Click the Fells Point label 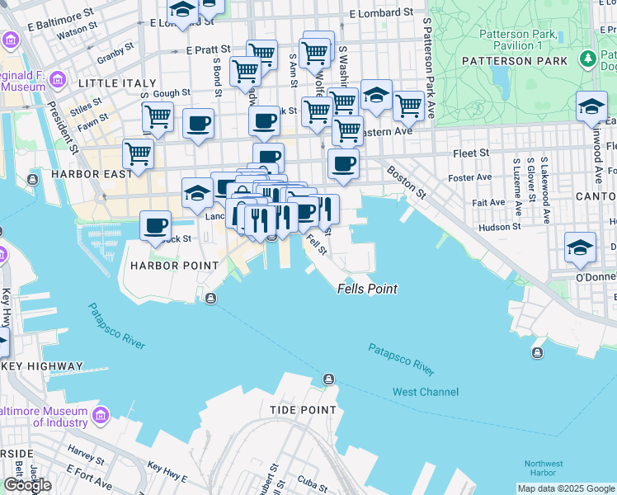(x=367, y=289)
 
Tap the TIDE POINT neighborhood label (x=303, y=409)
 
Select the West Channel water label (x=425, y=392)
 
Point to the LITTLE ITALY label (x=116, y=83)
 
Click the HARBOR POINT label (x=174, y=266)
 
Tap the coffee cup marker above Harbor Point (x=155, y=225)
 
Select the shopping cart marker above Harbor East (x=138, y=153)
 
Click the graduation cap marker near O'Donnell (x=580, y=247)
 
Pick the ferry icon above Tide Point (x=328, y=379)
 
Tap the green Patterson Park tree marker (x=586, y=59)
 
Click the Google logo (x=27, y=485)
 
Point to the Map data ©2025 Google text (x=565, y=488)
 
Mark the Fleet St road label (x=471, y=153)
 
